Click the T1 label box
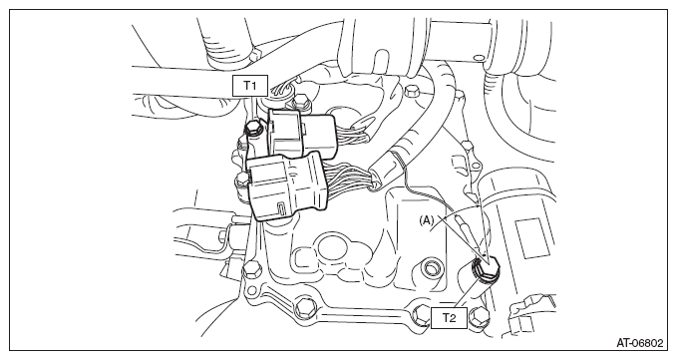pyautogui.click(x=250, y=86)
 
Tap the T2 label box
pyautogui.click(x=449, y=318)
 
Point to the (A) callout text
pyautogui.click(x=426, y=220)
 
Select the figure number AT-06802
pyautogui.click(x=639, y=343)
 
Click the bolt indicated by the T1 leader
pyautogui.click(x=253, y=128)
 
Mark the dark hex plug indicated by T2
pyautogui.click(x=486, y=267)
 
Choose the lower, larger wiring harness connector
pyautogui.click(x=286, y=185)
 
